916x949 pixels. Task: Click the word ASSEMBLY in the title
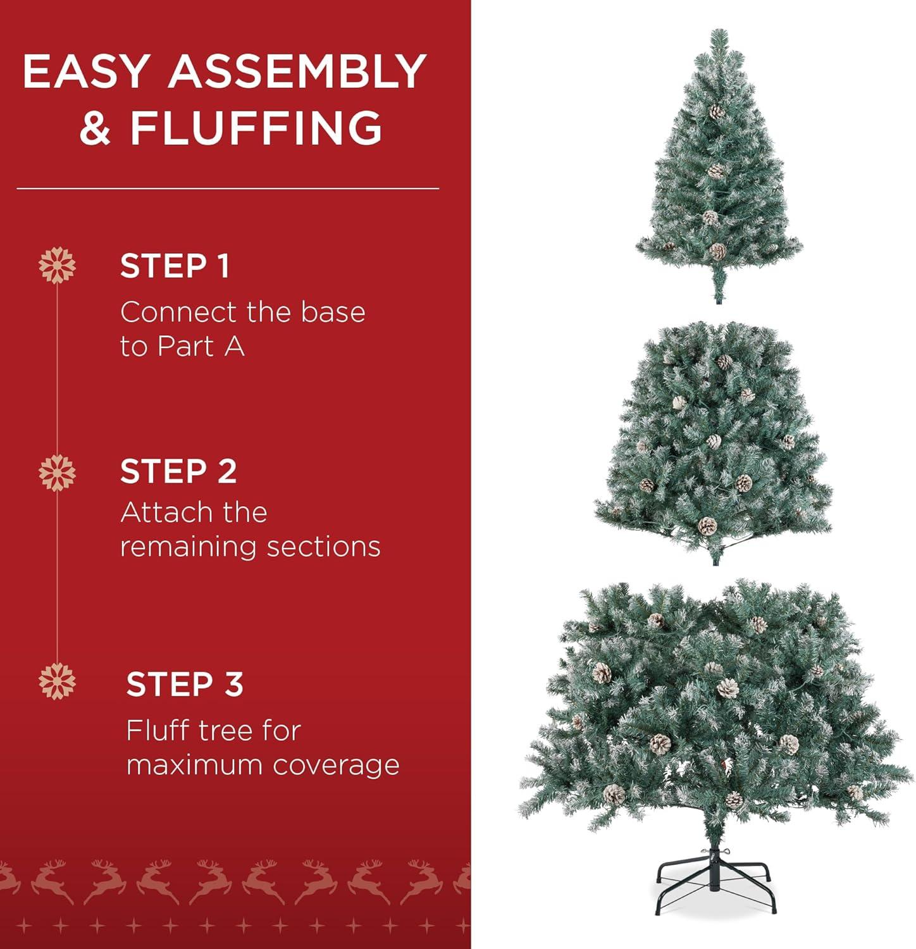pyautogui.click(x=297, y=71)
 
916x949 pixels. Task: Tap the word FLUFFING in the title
pyautogui.click(x=256, y=128)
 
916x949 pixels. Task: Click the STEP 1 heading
pyautogui.click(x=175, y=266)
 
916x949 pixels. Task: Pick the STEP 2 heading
pyautogui.click(x=178, y=471)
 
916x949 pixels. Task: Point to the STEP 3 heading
pyautogui.click(x=185, y=684)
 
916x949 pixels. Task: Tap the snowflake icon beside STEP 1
pyautogui.click(x=57, y=265)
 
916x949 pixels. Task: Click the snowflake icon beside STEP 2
pyautogui.click(x=57, y=472)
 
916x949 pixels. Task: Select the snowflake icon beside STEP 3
pyautogui.click(x=57, y=681)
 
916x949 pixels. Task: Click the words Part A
pyautogui.click(x=201, y=346)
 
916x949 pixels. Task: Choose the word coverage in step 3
pyautogui.click(x=337, y=766)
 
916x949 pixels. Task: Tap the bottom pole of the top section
pyautogui.click(x=719, y=288)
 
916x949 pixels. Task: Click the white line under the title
pyautogui.click(x=228, y=189)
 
